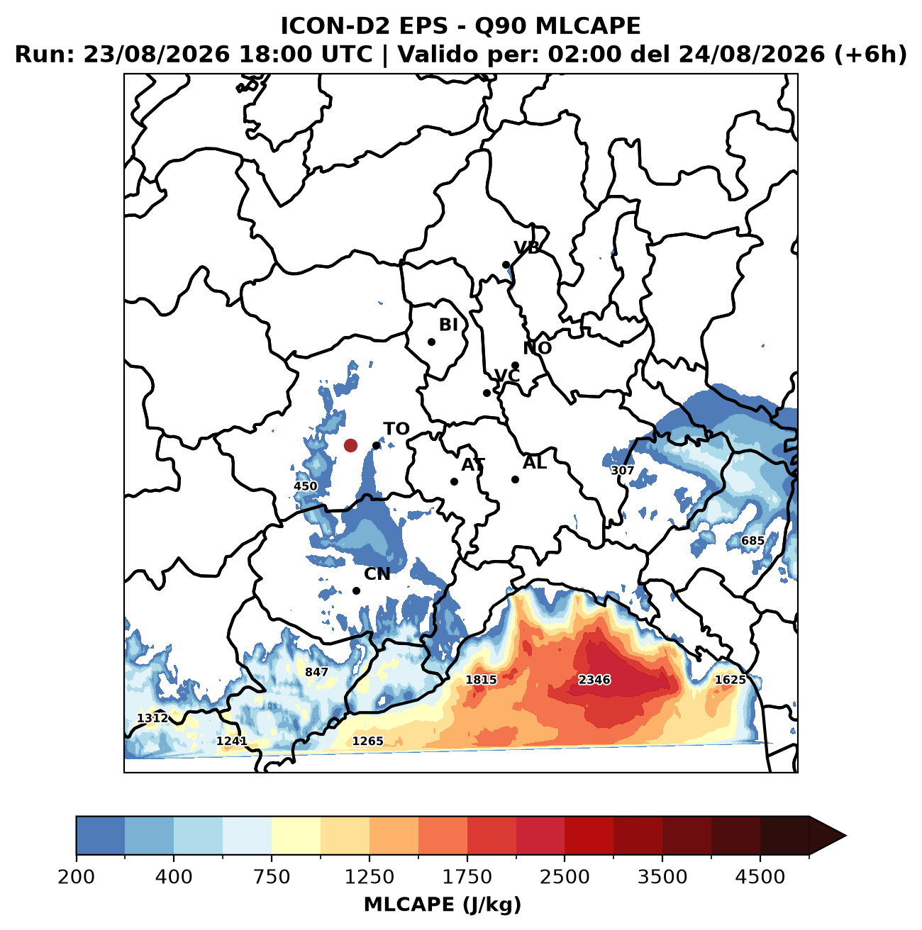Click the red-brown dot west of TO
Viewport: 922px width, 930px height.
(350, 445)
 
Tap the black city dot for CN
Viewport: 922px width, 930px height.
(356, 590)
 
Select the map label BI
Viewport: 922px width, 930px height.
(448, 325)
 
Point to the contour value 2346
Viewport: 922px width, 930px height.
(594, 680)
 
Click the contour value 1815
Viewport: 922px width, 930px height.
(481, 680)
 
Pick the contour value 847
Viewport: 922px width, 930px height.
(316, 672)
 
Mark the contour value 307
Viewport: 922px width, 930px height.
(622, 470)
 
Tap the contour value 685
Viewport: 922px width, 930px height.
(752, 541)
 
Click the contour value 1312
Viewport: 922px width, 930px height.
(152, 718)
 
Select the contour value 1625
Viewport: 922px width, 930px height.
(730, 680)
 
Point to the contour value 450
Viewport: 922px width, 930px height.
(305, 486)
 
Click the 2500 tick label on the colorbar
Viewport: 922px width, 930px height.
(565, 876)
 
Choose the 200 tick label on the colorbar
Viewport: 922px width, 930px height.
(77, 876)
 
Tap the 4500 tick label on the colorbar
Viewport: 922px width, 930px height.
(760, 876)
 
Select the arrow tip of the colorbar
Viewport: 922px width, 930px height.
(845, 836)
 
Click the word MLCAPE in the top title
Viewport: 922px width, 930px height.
(588, 26)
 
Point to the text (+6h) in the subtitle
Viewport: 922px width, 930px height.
(870, 55)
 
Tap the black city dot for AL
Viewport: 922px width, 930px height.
(515, 479)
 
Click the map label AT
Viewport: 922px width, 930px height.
(473, 465)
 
